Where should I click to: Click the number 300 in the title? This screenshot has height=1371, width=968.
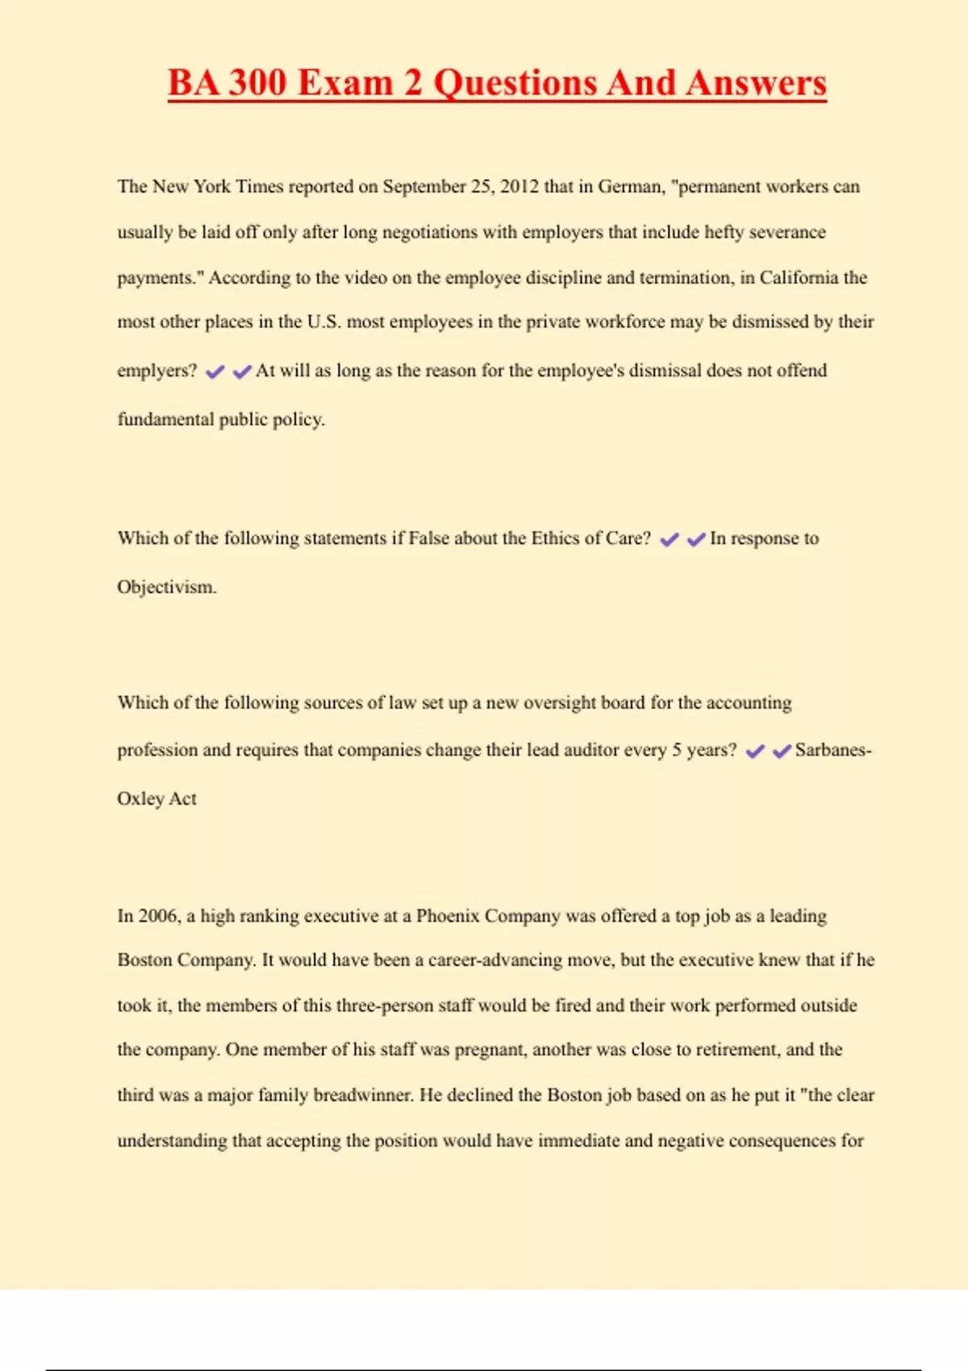(x=257, y=83)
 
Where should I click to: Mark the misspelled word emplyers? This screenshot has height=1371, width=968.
(x=156, y=371)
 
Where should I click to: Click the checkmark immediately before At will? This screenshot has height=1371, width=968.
(x=242, y=372)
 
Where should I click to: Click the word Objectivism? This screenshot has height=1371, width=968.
(x=166, y=587)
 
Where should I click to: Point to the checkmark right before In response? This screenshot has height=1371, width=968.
(x=696, y=540)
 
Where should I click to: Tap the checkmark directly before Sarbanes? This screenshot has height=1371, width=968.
(x=782, y=752)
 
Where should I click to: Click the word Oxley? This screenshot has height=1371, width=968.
(x=140, y=798)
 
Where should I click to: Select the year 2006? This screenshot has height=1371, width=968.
(x=158, y=916)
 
